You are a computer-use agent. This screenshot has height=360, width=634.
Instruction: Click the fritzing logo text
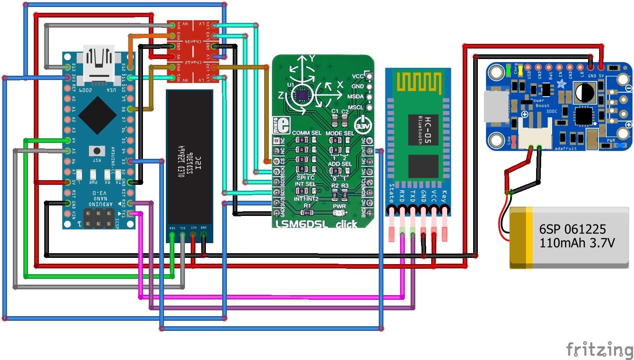[599, 350]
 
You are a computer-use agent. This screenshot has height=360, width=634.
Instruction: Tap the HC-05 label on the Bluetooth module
[428, 130]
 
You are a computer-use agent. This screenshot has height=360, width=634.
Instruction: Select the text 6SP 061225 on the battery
[572, 229]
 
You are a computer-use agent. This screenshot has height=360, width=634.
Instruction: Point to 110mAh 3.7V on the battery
[577, 243]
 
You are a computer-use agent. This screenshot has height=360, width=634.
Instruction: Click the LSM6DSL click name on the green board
[316, 224]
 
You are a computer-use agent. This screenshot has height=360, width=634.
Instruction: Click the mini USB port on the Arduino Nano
[99, 64]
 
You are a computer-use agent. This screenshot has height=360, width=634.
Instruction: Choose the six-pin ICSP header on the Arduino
[99, 218]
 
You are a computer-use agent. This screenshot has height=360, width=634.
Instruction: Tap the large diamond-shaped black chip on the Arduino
[97, 115]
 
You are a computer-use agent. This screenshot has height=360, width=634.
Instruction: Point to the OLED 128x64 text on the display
[181, 162]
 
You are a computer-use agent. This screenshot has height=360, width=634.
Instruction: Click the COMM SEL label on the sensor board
[307, 133]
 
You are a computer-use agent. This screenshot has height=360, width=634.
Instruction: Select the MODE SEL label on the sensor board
[340, 133]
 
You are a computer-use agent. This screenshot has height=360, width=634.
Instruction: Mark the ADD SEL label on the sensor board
[340, 163]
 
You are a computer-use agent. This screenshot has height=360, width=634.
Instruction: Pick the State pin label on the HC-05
[392, 193]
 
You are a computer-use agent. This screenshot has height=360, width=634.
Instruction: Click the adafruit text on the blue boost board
[565, 148]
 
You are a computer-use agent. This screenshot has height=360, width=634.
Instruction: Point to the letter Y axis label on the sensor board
[312, 59]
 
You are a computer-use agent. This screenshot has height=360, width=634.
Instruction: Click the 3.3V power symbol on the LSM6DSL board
[363, 125]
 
